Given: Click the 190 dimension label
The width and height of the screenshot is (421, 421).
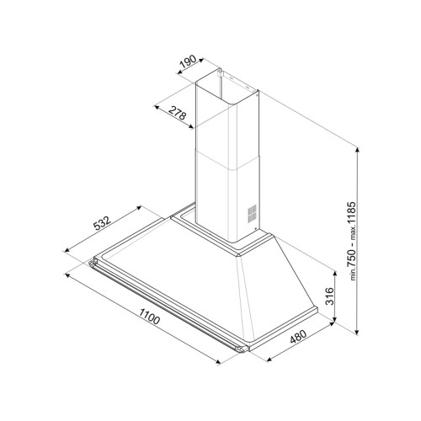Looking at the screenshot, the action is pos(188,62).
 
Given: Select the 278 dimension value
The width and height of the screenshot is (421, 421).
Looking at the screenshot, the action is pos(178,113).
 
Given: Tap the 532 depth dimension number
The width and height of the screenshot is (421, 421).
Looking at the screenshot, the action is pos(102,223).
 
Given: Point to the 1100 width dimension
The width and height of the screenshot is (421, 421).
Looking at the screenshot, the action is pos(149,316).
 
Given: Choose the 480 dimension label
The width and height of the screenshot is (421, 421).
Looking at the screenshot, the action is pos(298,337).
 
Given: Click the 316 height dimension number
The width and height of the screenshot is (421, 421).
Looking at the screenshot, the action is pos(329,296).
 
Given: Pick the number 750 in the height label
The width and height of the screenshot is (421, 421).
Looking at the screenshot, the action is pos(351,258).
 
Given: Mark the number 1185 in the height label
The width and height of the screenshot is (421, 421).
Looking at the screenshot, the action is pos(351,213).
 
